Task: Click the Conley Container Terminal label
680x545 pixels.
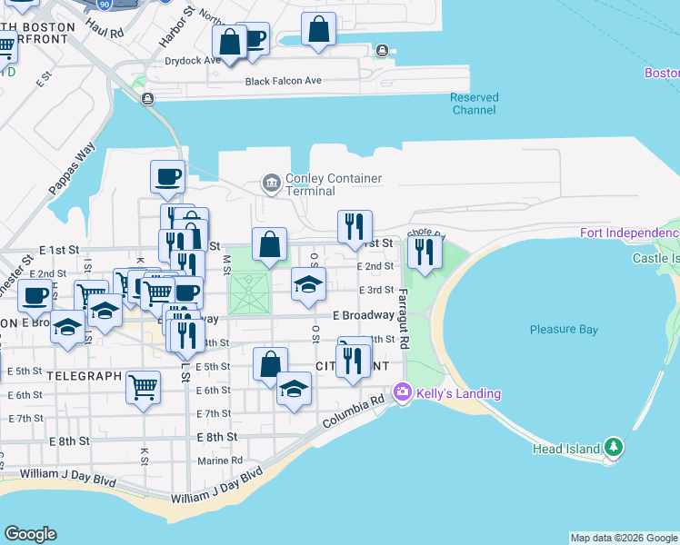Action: click(333, 185)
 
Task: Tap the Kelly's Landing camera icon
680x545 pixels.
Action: click(402, 392)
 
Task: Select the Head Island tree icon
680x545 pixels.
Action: click(615, 447)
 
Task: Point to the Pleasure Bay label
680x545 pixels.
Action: click(563, 330)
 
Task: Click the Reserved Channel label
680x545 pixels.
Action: click(474, 104)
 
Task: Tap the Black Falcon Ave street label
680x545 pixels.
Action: click(284, 82)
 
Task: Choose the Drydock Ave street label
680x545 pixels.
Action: click(193, 61)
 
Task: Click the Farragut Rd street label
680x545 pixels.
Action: click(404, 318)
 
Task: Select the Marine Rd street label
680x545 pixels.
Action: click(221, 461)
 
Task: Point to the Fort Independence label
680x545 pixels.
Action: click(629, 233)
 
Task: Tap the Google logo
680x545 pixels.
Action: click(30, 534)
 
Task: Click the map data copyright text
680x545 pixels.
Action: click(623, 538)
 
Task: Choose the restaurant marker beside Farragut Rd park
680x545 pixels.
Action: click(425, 252)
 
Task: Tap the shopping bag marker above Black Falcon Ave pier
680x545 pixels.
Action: click(319, 30)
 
